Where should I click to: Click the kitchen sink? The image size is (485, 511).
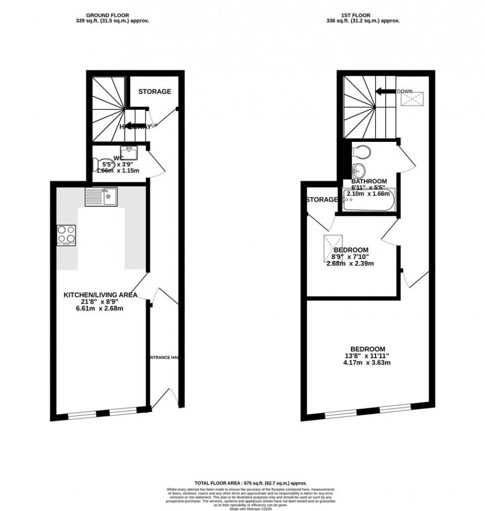click(101, 197)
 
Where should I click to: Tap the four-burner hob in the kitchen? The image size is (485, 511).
click(66, 235)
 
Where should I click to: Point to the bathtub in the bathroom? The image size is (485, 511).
click(369, 200)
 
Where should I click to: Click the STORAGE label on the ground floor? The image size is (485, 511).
click(154, 92)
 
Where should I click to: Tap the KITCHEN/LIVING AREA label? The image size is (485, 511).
click(100, 295)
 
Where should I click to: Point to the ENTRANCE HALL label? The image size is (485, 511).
click(164, 357)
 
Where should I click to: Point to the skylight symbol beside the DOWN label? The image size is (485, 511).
click(412, 99)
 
